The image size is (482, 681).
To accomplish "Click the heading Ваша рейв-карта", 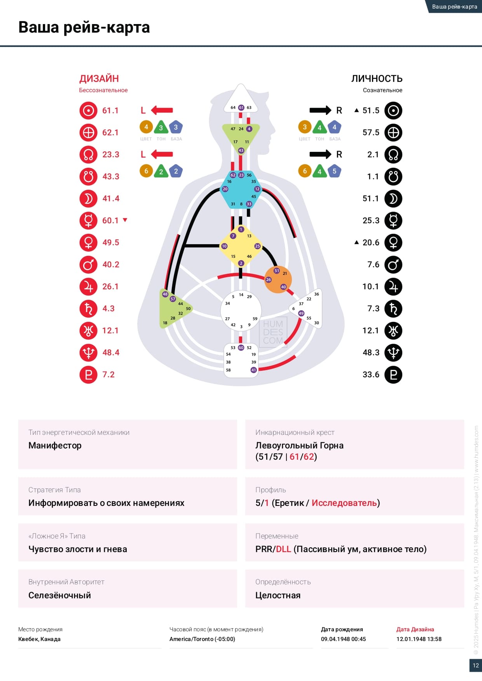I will (84, 28).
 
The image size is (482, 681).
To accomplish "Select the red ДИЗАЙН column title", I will (99, 79).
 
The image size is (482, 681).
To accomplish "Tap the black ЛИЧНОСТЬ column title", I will (377, 79).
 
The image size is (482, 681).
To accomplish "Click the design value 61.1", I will (110, 111).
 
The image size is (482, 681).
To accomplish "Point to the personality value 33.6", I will (371, 375).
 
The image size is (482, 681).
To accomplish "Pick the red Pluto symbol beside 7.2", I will (88, 375).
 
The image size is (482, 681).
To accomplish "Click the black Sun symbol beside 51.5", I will (393, 111).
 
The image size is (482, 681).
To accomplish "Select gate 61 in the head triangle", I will (241, 108).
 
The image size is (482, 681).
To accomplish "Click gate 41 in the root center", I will (253, 370).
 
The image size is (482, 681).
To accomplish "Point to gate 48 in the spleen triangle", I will (165, 294).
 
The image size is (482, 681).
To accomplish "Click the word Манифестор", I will (55, 445).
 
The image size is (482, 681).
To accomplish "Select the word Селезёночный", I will (59, 595).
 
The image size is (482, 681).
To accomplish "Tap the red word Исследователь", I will (344, 503).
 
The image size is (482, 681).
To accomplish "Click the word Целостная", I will (278, 595).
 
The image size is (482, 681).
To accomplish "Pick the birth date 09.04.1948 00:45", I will (343, 639).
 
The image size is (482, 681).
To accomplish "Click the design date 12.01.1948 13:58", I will (419, 639).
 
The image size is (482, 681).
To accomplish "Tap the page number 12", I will (475, 665).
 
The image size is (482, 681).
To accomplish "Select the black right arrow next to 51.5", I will (320, 111).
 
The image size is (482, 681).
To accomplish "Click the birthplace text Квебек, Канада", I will (39, 639).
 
